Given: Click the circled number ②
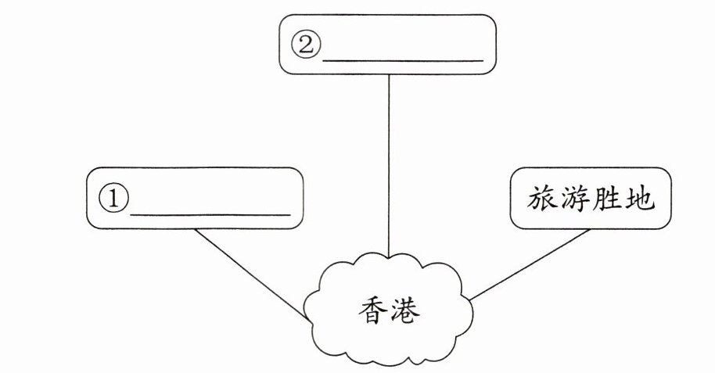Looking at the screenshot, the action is click(x=306, y=45).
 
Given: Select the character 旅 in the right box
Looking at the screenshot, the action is click(x=544, y=200).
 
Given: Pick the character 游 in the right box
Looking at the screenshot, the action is click(x=580, y=200).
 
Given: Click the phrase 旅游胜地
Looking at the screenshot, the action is click(x=595, y=200).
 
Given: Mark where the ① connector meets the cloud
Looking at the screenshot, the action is click(x=306, y=317).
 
